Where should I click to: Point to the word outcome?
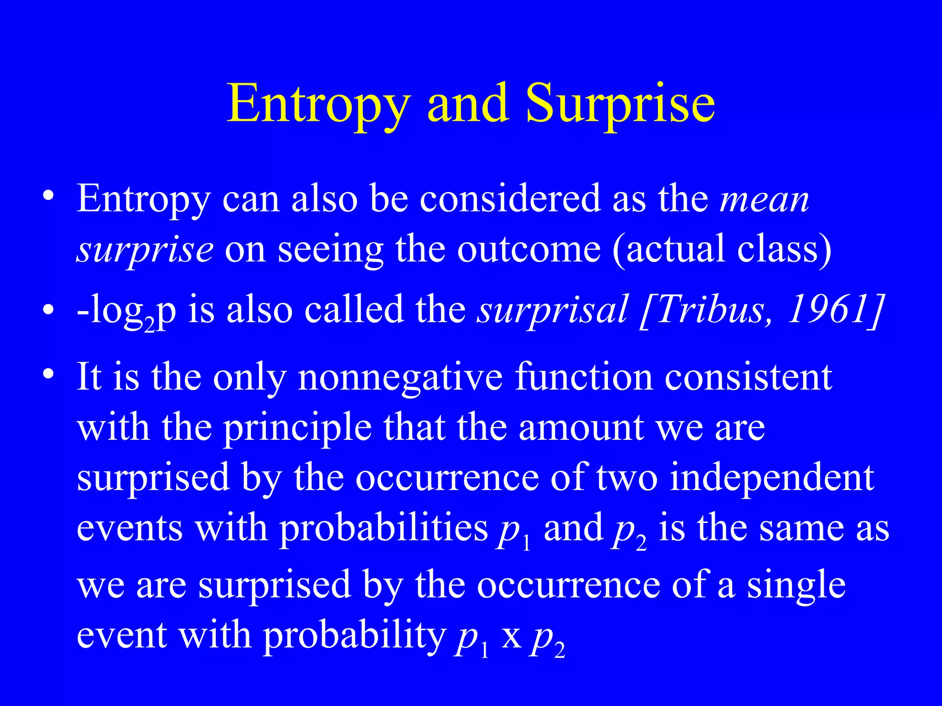pyautogui.click(x=529, y=250)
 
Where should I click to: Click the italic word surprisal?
pyautogui.click(x=552, y=309)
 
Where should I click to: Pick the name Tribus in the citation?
pyautogui.click(x=708, y=309)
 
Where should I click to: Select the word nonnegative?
pyautogui.click(x=400, y=377)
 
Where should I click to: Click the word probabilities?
pyautogui.click(x=384, y=529)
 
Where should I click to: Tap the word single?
pyautogui.click(x=796, y=586)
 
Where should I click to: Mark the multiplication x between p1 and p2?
pyautogui.click(x=511, y=637)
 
